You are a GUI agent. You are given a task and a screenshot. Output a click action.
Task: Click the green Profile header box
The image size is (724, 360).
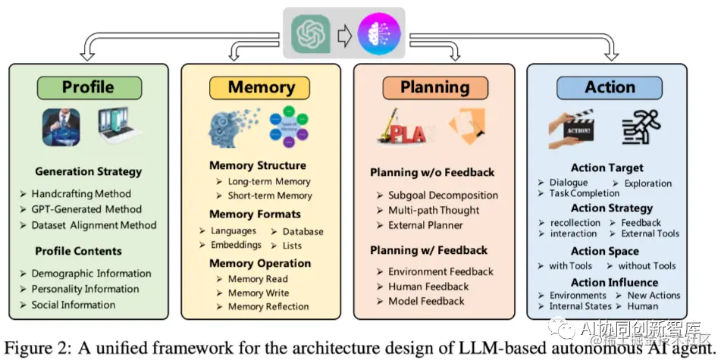tap(88, 87)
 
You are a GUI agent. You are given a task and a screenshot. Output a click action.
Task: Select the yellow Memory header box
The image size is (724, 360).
tap(261, 87)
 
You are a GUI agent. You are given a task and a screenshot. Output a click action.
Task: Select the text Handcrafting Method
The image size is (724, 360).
tap(81, 194)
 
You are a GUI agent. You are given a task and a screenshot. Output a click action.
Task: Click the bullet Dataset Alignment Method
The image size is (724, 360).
tap(94, 225)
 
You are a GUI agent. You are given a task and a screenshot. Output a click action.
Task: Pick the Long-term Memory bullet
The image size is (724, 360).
tap(269, 181)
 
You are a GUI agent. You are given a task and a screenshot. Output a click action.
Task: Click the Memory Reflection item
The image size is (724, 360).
tap(268, 307)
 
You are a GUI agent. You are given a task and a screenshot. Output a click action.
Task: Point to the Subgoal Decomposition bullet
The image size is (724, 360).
tap(443, 196)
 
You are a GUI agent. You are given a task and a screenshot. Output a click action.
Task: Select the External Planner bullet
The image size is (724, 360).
tap(425, 225)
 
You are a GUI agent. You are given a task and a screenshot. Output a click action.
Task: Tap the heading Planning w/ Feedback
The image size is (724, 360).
tap(428, 250)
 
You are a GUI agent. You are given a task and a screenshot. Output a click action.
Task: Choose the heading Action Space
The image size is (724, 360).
tap(605, 251)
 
